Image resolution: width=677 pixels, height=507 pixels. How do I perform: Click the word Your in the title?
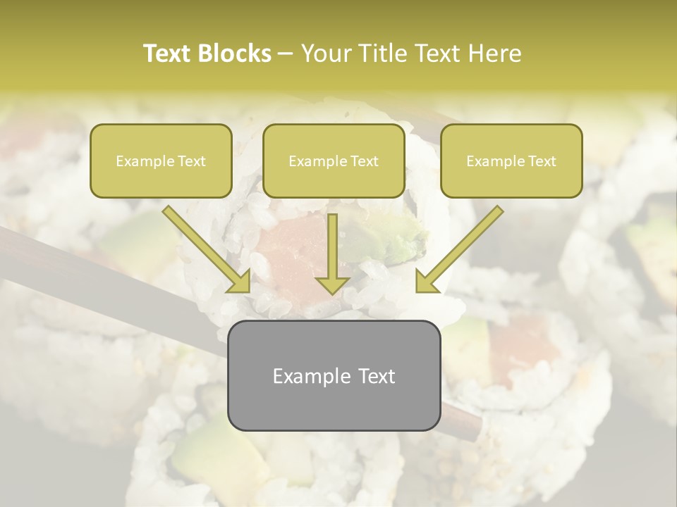click(324, 54)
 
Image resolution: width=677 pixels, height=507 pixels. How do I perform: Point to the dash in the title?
click(286, 54)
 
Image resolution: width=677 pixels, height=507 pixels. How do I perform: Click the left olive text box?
click(161, 161)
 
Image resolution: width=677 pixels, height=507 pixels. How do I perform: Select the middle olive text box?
click(334, 161)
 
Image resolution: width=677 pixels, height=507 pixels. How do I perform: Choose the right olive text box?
click(511, 161)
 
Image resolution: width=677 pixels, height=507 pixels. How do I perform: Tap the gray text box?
click(334, 375)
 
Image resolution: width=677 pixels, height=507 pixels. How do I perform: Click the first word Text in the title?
click(167, 54)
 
